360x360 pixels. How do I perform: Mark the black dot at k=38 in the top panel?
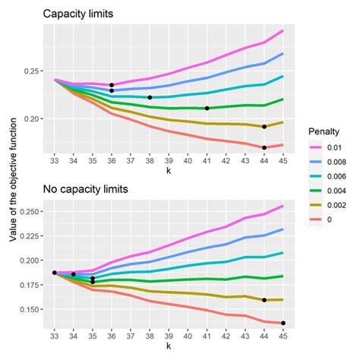(150, 97)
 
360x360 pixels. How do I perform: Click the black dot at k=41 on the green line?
(207, 108)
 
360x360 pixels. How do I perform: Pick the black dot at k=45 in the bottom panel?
(283, 324)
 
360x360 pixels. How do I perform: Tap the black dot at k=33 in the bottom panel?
(55, 272)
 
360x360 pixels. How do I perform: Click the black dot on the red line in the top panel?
(264, 147)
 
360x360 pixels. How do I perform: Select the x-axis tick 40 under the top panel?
(188, 162)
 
